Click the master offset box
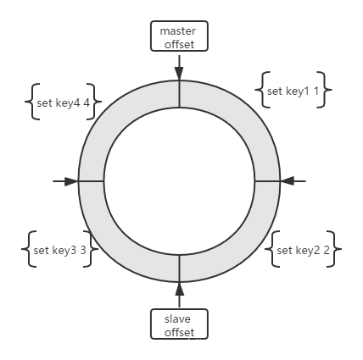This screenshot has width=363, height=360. [179, 36]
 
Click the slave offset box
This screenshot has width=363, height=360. [179, 324]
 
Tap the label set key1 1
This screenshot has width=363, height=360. [293, 91]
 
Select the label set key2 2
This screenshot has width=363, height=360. [303, 250]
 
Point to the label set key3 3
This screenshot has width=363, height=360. [59, 250]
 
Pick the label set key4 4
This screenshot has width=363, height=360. [64, 103]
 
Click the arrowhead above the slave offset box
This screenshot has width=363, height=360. [179, 289]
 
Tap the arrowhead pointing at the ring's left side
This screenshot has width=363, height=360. [71, 181]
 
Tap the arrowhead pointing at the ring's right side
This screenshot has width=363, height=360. [287, 181]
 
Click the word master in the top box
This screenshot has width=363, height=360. [177, 31]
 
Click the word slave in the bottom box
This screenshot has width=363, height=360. [177, 319]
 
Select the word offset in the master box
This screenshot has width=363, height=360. [179, 44]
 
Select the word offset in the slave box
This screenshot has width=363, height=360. [179, 332]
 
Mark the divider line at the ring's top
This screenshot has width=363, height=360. [179, 94]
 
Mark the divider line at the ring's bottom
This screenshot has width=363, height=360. [179, 269]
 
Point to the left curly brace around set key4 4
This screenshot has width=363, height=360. [32, 102]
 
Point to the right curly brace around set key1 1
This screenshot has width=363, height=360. [324, 90]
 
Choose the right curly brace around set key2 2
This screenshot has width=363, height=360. [334, 249]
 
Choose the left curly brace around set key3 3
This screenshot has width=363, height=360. [29, 249]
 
